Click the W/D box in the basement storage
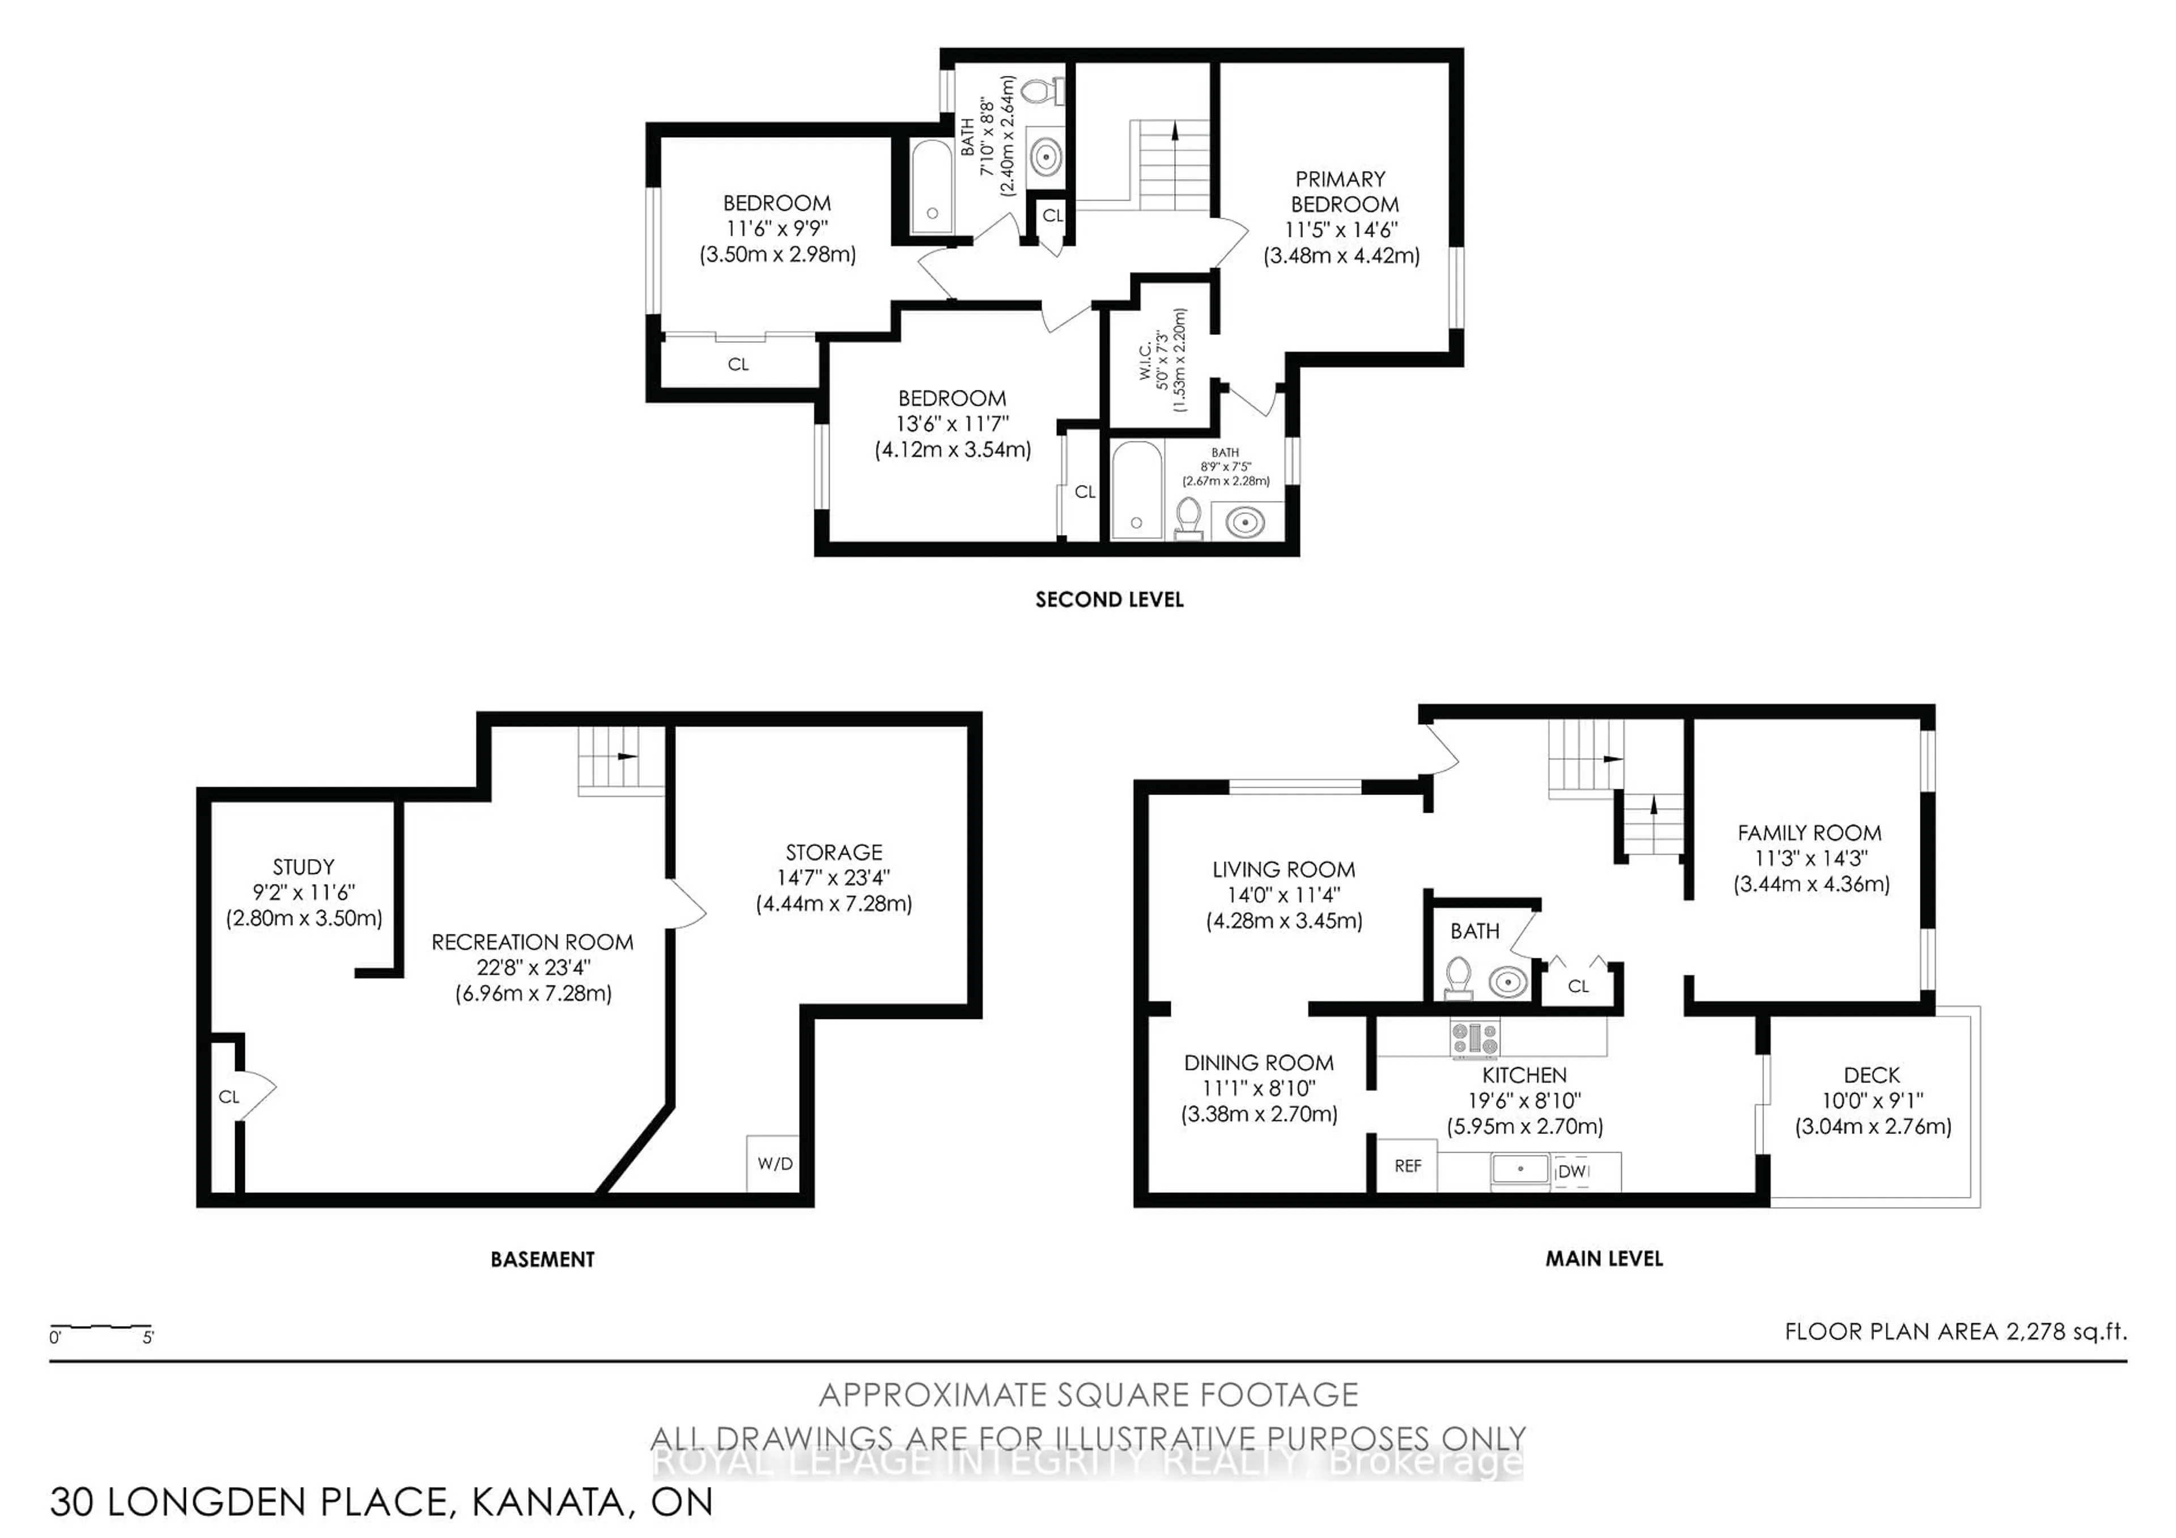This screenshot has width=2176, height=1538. click(x=773, y=1163)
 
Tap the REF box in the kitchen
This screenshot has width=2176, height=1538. click(x=1408, y=1166)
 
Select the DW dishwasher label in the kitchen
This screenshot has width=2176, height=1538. click(x=1572, y=1171)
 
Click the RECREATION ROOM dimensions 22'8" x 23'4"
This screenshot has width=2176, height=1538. click(x=533, y=967)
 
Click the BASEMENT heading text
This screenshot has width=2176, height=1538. click(x=542, y=1259)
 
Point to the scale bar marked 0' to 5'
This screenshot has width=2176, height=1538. click(x=100, y=1328)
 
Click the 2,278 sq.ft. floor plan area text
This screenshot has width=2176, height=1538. click(x=2066, y=1331)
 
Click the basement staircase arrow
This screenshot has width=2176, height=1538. click(x=627, y=756)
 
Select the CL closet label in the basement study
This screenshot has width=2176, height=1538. click(x=228, y=1097)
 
